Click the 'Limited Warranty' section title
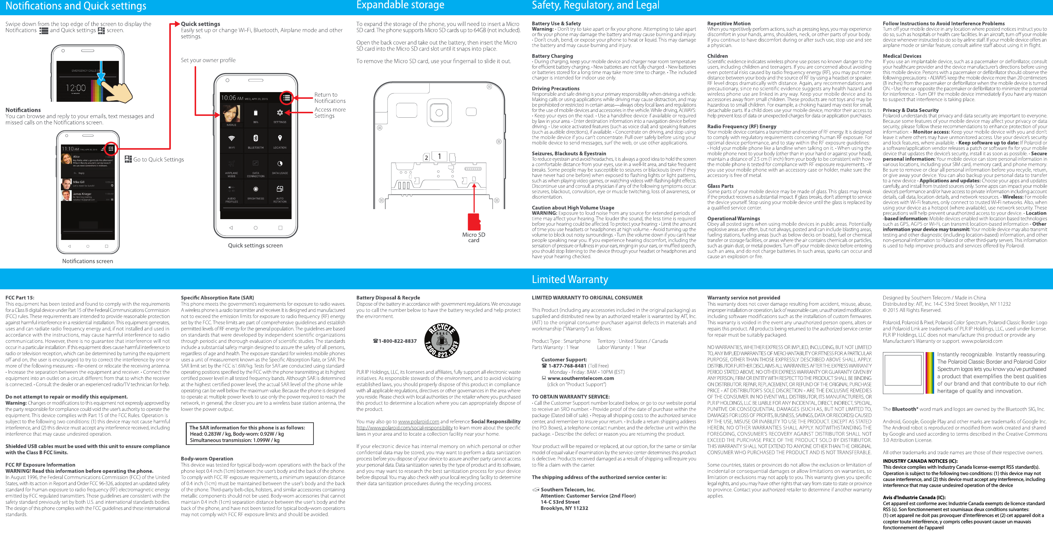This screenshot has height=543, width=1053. click(569, 279)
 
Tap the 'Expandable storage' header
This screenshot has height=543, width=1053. click(400, 5)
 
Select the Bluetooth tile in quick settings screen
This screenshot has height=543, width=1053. click(256, 140)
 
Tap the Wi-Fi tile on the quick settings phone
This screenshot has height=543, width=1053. click(231, 140)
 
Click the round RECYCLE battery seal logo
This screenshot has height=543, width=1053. click(442, 341)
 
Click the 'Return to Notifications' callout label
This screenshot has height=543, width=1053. click(329, 98)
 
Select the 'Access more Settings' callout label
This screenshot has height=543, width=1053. click(329, 113)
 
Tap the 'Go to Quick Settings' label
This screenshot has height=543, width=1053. click(158, 159)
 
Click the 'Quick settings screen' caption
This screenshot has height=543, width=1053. click(255, 246)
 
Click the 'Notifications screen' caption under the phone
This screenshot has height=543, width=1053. click(88, 261)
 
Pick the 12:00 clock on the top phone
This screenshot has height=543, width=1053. click(76, 88)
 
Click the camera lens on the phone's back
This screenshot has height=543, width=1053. click(439, 113)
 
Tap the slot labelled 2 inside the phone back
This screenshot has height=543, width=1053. click(426, 157)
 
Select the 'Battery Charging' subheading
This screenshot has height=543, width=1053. click(552, 56)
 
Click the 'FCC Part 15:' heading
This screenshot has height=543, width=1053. click(20, 297)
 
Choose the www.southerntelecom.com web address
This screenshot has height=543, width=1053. click(581, 378)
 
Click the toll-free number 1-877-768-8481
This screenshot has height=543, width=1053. click(567, 366)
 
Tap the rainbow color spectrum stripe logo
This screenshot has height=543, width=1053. click(929, 373)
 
